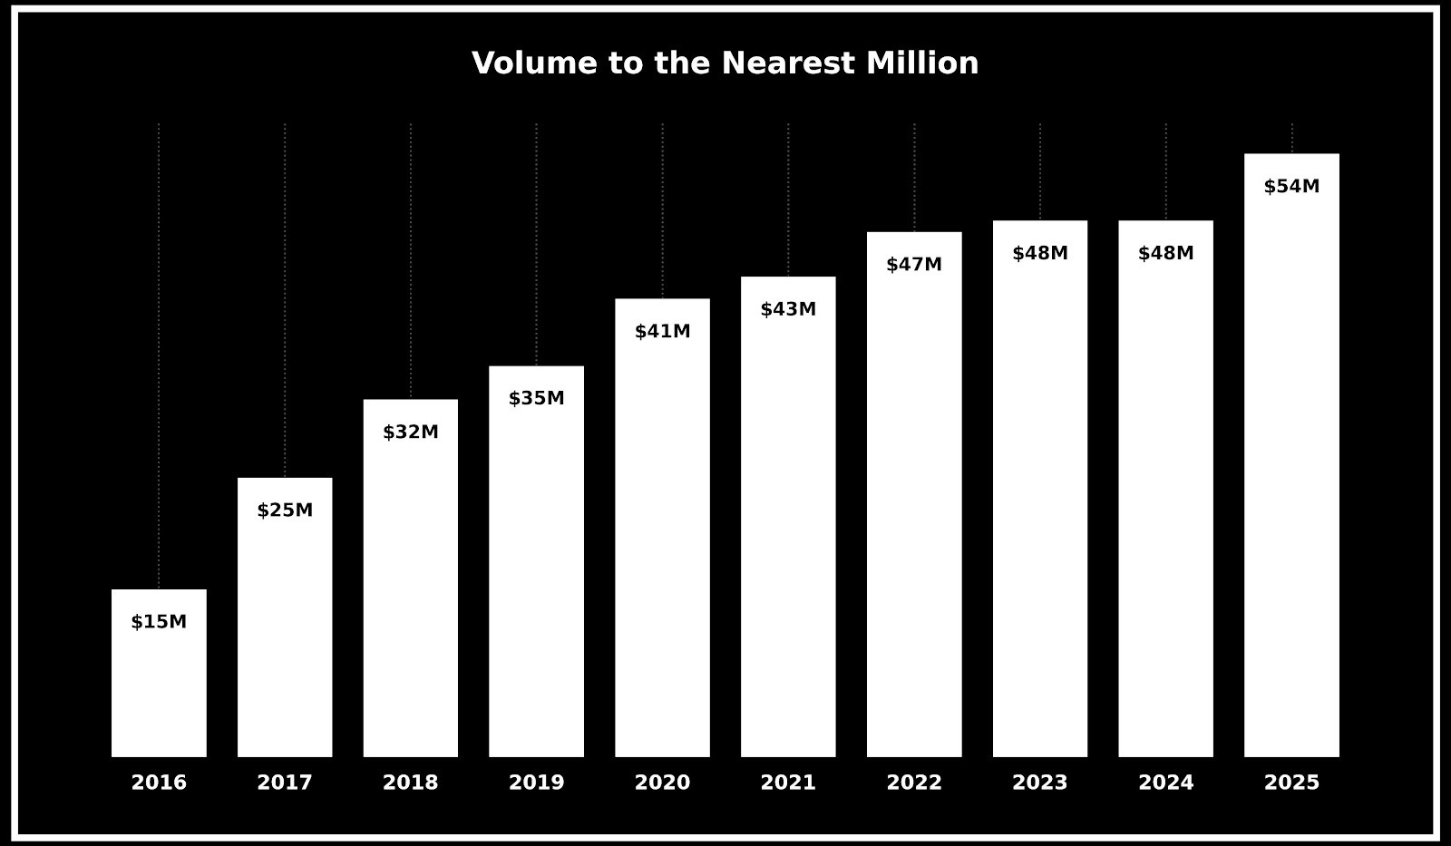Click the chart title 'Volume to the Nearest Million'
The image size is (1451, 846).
725,63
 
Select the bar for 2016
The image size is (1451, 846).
159,689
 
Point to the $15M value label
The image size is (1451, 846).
159,622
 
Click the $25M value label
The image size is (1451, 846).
285,511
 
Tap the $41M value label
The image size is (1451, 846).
662,332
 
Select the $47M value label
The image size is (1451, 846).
914,265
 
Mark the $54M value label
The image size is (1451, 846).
1291,187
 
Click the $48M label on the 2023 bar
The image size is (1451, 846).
1040,254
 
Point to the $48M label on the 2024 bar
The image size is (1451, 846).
1165,254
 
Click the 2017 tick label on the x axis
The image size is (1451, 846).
285,783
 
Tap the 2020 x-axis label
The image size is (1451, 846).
662,783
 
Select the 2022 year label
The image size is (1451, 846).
914,783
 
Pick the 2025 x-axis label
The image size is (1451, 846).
1291,783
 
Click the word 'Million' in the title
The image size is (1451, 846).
921,63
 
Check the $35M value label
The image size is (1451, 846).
536,399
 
